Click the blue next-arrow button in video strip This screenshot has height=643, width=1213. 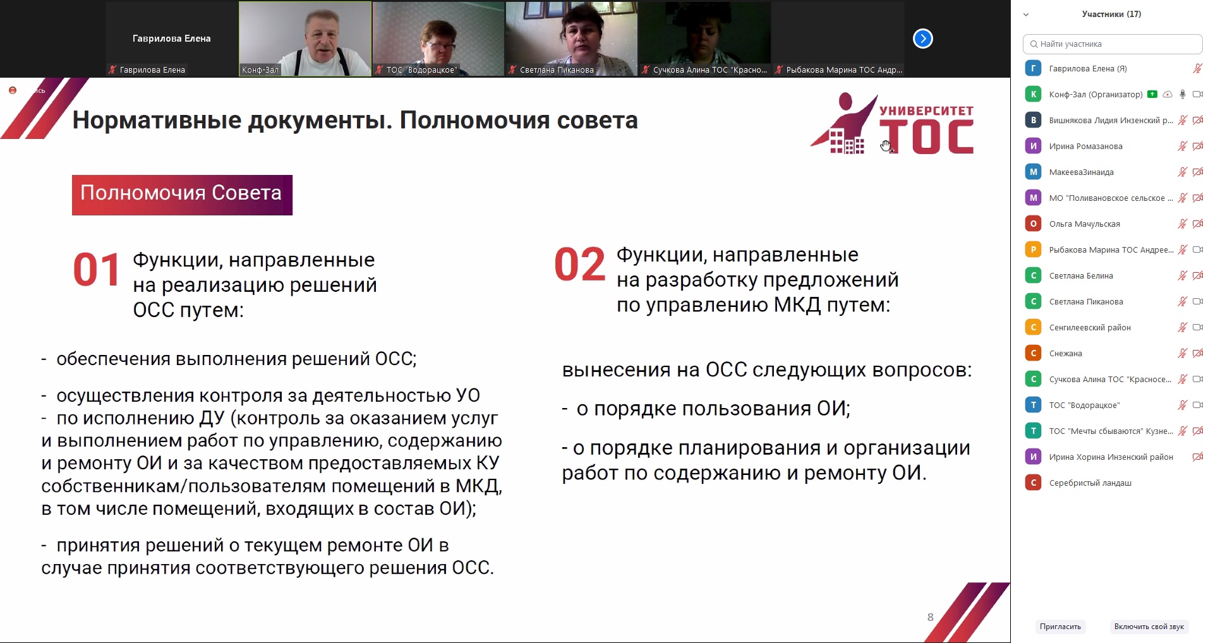(x=923, y=39)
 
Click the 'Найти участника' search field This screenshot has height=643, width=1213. (x=1112, y=44)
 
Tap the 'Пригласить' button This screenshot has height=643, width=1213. (x=1060, y=627)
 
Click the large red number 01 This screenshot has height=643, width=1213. (x=96, y=270)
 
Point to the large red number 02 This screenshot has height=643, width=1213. (x=580, y=265)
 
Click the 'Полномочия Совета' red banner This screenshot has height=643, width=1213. (x=182, y=195)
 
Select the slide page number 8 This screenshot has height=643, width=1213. (x=930, y=617)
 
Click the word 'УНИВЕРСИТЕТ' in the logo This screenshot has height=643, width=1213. (x=926, y=111)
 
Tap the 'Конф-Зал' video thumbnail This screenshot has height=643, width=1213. (x=305, y=39)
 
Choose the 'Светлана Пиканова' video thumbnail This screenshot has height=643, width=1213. (x=571, y=39)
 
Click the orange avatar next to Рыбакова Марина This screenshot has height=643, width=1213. (x=1033, y=249)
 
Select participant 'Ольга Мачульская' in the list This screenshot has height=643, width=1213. (x=1084, y=224)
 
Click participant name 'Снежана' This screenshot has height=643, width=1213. (x=1065, y=353)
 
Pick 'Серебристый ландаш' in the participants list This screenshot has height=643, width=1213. (x=1090, y=483)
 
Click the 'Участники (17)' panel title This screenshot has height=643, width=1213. (x=1111, y=14)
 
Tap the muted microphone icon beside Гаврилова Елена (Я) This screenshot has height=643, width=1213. (x=1197, y=68)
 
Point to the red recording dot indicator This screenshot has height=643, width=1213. (x=12, y=90)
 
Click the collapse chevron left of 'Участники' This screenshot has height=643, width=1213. (x=1026, y=15)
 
